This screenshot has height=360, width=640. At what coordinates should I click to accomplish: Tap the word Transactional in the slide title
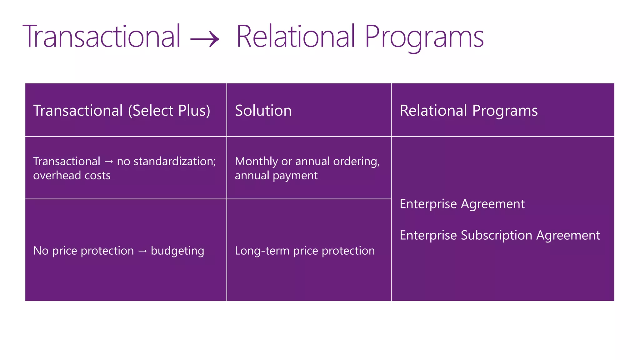pos(102,37)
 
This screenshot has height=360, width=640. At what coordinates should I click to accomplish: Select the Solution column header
pos(263,111)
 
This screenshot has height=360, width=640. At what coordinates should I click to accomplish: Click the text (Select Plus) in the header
pos(169,111)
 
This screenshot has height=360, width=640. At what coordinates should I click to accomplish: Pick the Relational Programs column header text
pos(468,111)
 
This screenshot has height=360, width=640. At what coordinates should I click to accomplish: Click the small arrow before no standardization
pos(108,162)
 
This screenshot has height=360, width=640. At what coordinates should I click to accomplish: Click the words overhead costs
pos(72,175)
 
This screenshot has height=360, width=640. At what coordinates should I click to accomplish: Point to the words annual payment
pos(276,176)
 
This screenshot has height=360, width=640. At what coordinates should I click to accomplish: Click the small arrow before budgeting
pos(142,251)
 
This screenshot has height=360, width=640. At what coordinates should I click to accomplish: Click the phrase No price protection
pos(83,251)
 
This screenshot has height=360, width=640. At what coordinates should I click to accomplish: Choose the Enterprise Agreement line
pos(462,204)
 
